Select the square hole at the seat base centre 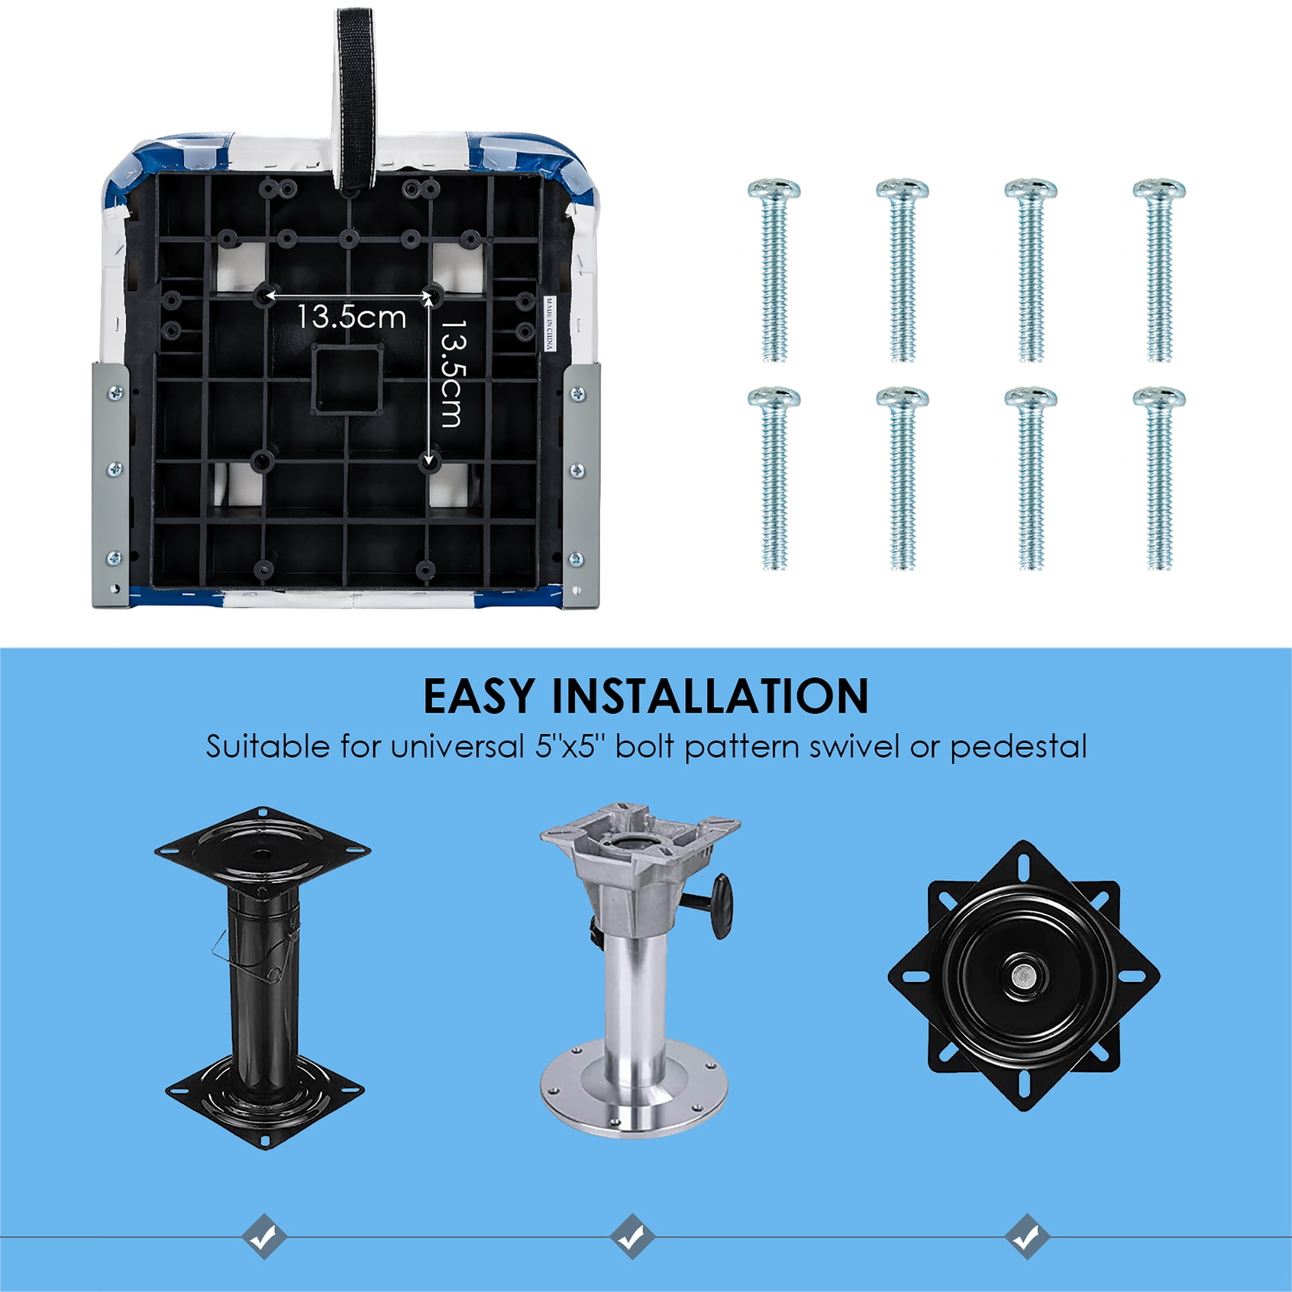click(347, 379)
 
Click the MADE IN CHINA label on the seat click(550, 324)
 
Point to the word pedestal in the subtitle click(1019, 747)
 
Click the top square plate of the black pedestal click(262, 853)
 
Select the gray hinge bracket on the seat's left click(110, 485)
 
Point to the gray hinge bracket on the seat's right click(581, 485)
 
